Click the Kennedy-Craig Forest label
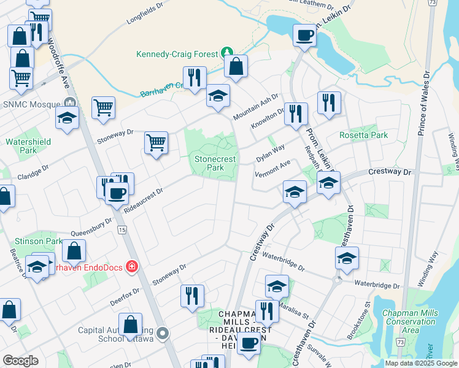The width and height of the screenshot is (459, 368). [177, 54]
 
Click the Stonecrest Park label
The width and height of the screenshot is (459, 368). [215, 163]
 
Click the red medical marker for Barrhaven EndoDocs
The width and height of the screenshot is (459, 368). [130, 266]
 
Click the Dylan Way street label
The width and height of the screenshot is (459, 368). [270, 153]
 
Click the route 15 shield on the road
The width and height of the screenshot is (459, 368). [122, 229]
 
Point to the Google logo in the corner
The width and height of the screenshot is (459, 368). [20, 361]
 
